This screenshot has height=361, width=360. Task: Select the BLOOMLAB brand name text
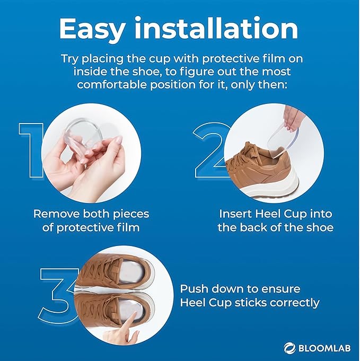coord(323,348)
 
